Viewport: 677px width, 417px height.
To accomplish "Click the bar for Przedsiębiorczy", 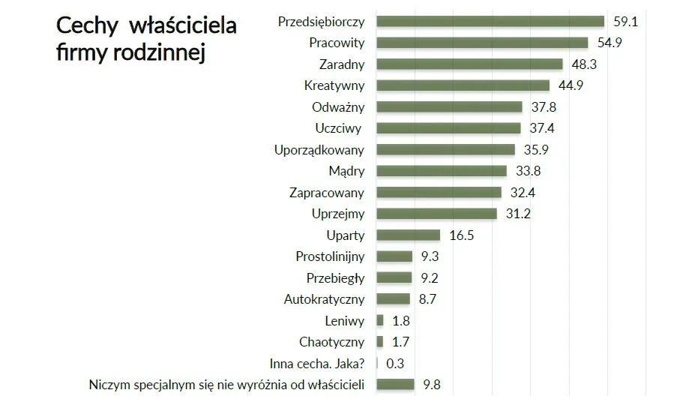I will pos(490,21).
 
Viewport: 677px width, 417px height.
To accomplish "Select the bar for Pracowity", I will pos(481,43).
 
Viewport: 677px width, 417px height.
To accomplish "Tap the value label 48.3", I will pos(583,64).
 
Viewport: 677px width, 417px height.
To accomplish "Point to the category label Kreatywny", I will pos(334,85).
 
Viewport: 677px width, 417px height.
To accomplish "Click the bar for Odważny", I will pos(448,106).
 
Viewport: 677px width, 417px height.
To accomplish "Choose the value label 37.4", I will pos(541,128).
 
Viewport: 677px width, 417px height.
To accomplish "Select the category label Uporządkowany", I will pos(319,149).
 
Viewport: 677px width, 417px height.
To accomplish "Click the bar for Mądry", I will pos(441,171).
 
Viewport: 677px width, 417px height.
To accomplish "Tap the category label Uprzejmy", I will pos(337,214).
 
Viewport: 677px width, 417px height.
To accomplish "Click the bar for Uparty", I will pos(407,235).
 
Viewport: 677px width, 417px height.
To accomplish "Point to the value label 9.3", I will pos(430,256).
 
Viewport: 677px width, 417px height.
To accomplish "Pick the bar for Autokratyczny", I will pos(392,299).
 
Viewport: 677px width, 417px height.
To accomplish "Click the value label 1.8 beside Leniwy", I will pos(401,320).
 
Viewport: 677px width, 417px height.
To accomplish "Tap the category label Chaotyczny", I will pos(331,342).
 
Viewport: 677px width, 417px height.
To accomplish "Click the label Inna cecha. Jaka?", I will pos(316,364).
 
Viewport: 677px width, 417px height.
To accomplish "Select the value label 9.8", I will pos(431,385).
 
